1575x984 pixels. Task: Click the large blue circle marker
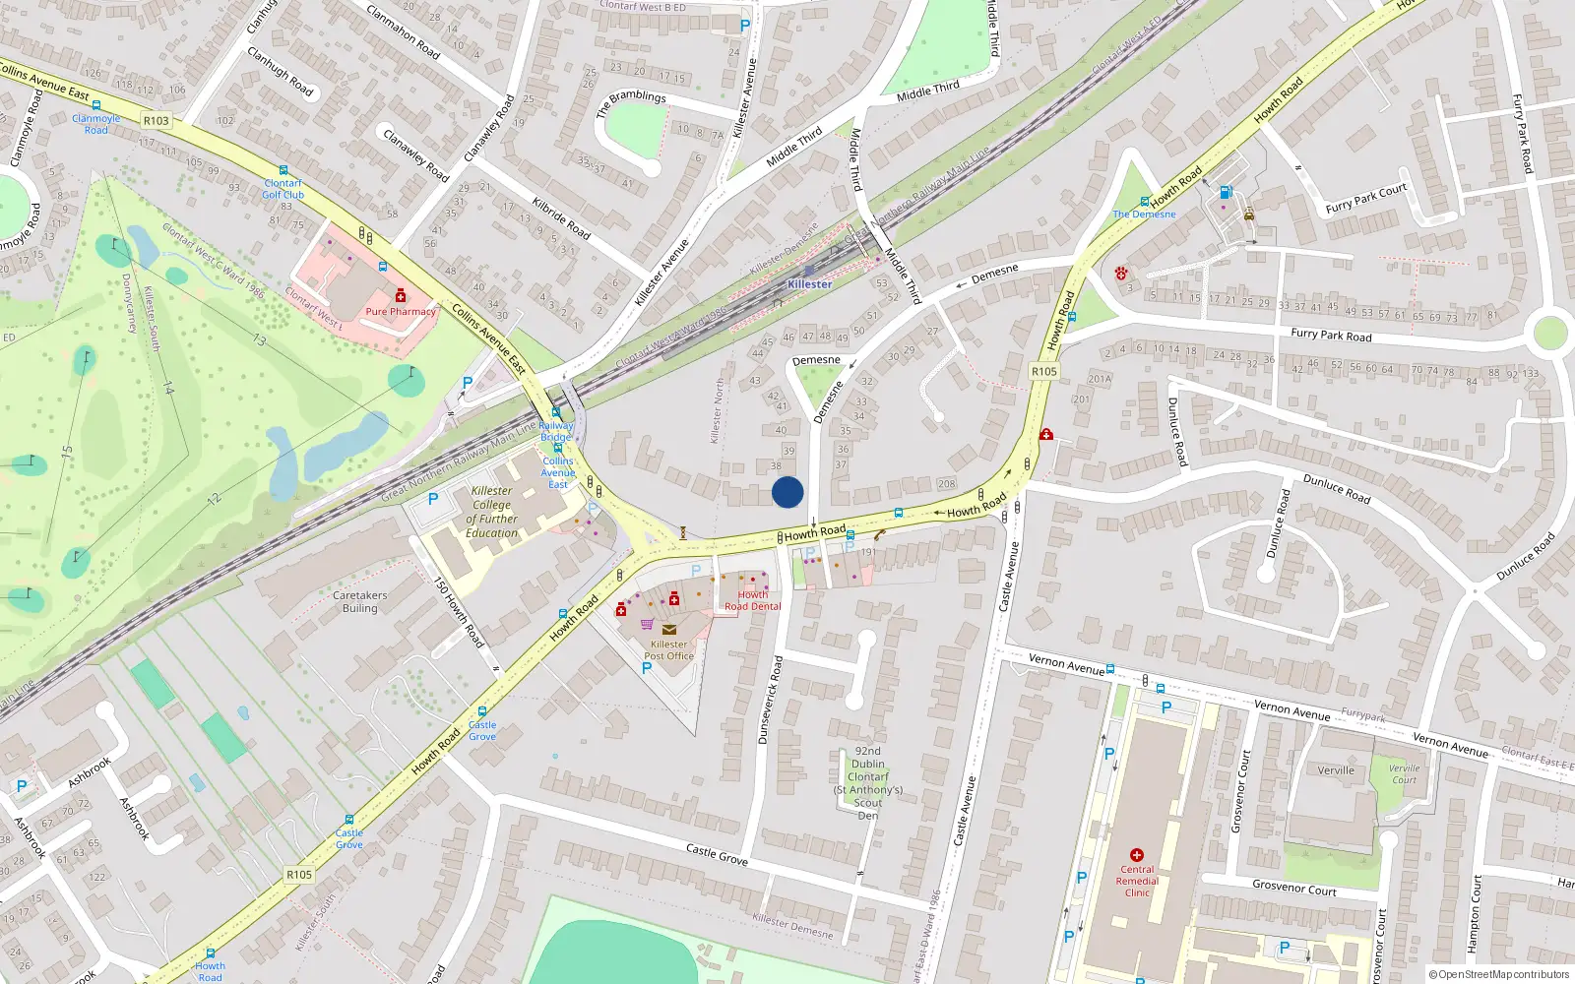tap(787, 492)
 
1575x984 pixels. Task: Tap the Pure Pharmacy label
tap(401, 311)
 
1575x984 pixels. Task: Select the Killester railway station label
tap(810, 284)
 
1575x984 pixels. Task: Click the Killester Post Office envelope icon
tap(669, 630)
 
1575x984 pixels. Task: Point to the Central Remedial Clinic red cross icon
tap(1137, 855)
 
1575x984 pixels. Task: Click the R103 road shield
tap(156, 120)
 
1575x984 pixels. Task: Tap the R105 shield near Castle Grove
tap(299, 874)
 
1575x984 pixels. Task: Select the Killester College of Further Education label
tap(492, 512)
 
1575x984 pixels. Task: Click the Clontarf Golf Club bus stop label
tap(283, 189)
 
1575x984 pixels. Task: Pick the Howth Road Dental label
tap(753, 600)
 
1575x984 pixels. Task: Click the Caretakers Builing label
tap(360, 601)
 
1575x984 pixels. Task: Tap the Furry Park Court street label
tap(1366, 199)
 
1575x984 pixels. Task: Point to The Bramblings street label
tap(631, 102)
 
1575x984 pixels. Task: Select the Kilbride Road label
tap(561, 218)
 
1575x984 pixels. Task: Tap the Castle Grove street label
tap(717, 853)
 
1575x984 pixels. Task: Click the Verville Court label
tap(1405, 774)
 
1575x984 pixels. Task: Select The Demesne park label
tap(1144, 214)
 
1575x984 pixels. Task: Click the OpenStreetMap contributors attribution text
tap(1499, 974)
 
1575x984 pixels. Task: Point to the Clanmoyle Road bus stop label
tap(96, 124)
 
